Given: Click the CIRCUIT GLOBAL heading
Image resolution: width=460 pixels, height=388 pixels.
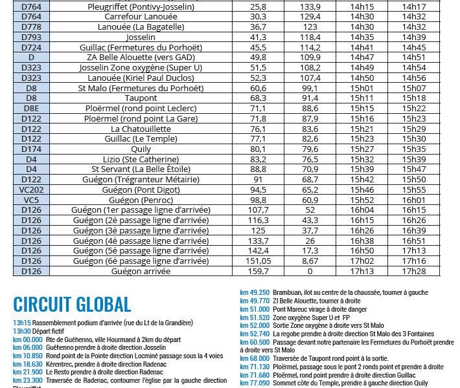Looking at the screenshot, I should click(x=72, y=304).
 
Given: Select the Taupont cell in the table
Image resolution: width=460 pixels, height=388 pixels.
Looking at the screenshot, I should click(x=141, y=98).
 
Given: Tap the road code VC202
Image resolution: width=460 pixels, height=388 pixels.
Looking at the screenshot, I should click(x=32, y=190).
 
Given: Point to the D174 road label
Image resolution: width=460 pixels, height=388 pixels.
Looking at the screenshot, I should click(x=32, y=149).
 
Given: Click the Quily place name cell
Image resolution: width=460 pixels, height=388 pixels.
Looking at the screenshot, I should click(x=141, y=149).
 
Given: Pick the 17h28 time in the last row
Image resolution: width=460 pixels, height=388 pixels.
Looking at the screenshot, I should click(x=414, y=272).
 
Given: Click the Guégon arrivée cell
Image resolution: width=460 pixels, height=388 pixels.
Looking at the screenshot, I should click(x=141, y=272).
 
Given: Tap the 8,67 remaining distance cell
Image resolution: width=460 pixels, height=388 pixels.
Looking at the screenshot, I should click(x=310, y=261).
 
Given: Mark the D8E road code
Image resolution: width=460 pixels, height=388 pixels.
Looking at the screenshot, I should click(x=32, y=108).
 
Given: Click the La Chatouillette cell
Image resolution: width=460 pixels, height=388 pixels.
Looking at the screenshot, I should click(x=141, y=129).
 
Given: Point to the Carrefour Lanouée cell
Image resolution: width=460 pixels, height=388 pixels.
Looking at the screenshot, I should click(x=141, y=16).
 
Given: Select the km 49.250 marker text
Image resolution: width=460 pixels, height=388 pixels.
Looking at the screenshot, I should click(x=255, y=292).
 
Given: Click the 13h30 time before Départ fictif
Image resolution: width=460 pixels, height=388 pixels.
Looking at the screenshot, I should click(x=22, y=330).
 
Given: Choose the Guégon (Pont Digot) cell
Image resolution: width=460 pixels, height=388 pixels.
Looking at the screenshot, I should click(x=141, y=190).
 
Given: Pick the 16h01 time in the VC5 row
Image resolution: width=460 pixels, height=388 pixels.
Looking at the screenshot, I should click(x=414, y=200).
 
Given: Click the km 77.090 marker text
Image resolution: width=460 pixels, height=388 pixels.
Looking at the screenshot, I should click(x=255, y=383).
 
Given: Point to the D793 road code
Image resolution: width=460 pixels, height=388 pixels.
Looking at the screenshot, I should click(x=32, y=37).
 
